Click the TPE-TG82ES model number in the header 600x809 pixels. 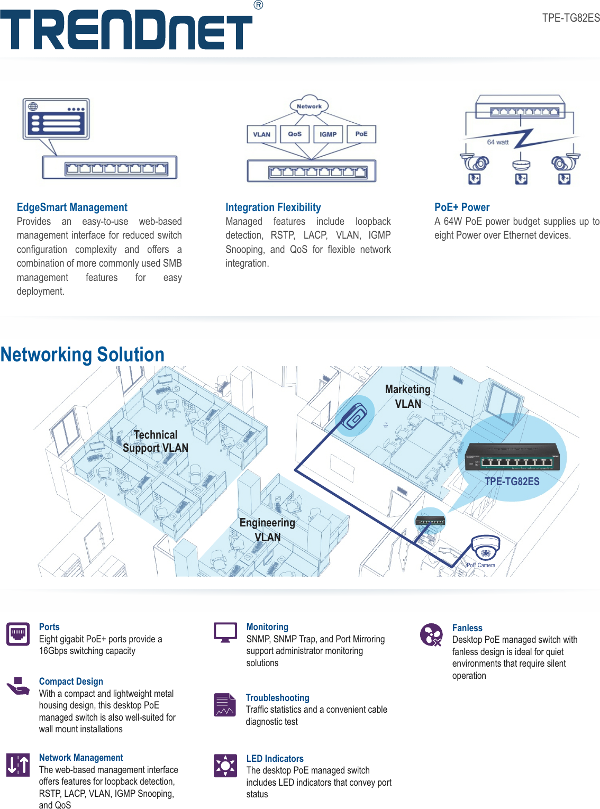click(570, 18)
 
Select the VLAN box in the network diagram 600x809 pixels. click(261, 134)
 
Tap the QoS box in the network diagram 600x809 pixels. click(295, 134)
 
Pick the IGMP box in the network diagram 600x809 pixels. click(328, 134)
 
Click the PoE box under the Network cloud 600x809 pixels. click(361, 134)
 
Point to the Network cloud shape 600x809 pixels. click(309, 106)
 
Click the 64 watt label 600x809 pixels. click(497, 142)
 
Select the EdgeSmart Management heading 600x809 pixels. click(72, 207)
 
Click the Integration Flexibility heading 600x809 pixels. click(273, 207)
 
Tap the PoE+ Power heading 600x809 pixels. click(462, 207)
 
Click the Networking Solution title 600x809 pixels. click(83, 354)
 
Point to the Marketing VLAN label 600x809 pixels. click(408, 396)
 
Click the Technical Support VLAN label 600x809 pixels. click(156, 441)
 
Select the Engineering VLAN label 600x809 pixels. click(267, 530)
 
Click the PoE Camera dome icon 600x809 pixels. click(485, 548)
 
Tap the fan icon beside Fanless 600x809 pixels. click(431, 634)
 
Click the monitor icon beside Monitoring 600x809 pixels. click(225, 632)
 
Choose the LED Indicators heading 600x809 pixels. click(275, 759)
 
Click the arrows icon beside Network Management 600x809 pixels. click(18, 765)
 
